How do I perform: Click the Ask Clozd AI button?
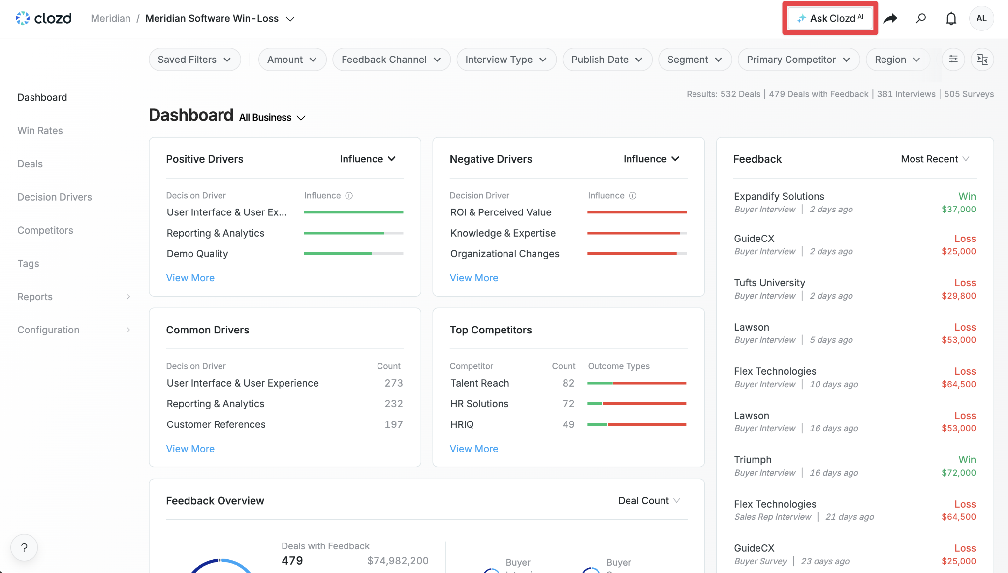click(x=830, y=18)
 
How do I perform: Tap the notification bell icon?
click(x=951, y=19)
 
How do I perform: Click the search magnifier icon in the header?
click(x=921, y=19)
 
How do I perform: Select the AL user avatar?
click(x=981, y=18)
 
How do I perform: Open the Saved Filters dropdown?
click(x=194, y=60)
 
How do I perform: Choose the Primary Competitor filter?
click(x=798, y=60)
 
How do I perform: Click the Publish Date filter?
click(x=607, y=60)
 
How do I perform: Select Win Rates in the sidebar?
click(x=40, y=131)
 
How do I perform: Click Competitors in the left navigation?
click(x=45, y=230)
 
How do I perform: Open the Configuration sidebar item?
click(x=48, y=330)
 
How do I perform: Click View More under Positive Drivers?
click(x=190, y=278)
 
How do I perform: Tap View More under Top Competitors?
click(x=474, y=449)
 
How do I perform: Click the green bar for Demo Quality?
click(x=338, y=254)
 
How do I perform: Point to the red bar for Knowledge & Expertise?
click(x=633, y=233)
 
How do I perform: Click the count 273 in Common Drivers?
click(x=394, y=383)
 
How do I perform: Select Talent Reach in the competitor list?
click(x=480, y=383)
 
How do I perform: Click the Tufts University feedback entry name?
click(x=769, y=283)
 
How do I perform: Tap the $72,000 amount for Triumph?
click(x=958, y=473)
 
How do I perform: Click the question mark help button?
click(x=24, y=547)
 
